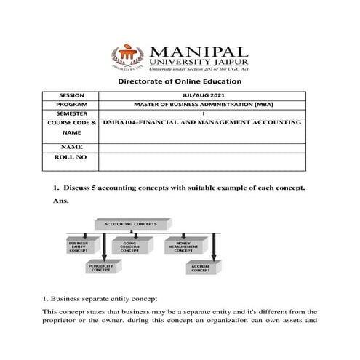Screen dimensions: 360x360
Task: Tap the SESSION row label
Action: (70, 95)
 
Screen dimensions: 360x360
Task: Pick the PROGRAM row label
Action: (70, 105)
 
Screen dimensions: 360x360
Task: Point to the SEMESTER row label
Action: (70, 113)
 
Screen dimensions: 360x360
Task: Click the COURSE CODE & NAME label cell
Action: (70, 128)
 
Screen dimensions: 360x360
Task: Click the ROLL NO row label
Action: (70, 156)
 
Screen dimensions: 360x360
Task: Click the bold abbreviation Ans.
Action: (61, 200)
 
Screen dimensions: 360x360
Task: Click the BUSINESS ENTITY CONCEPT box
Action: (79, 247)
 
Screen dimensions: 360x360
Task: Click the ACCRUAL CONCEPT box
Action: (201, 268)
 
